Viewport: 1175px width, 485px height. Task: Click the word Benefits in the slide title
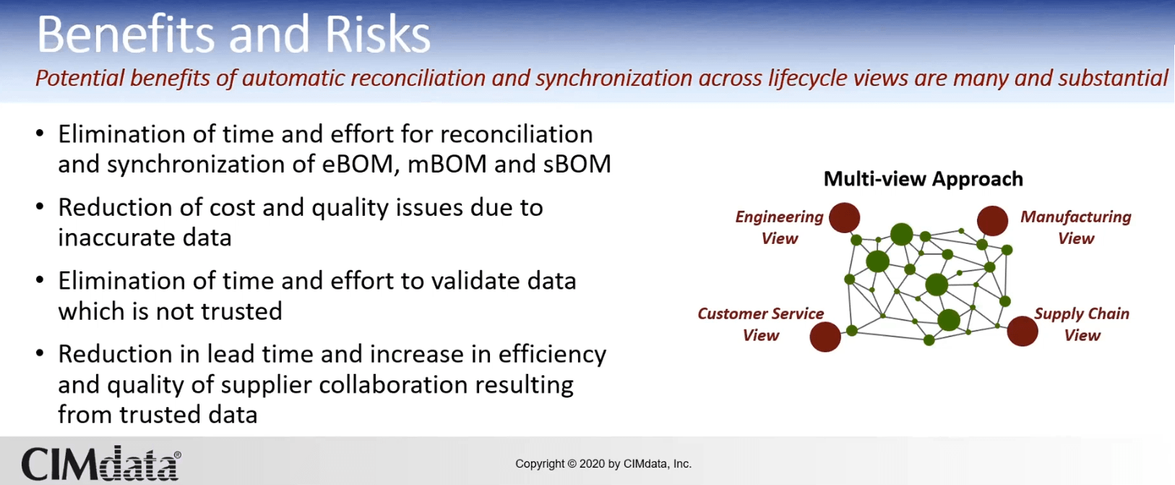click(126, 34)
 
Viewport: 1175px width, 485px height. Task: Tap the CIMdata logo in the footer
click(101, 463)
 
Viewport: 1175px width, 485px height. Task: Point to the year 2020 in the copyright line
click(593, 463)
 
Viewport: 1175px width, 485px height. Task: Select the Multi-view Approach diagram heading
click(924, 179)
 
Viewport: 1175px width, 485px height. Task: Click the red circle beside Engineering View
click(845, 217)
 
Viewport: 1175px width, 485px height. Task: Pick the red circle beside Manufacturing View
click(992, 221)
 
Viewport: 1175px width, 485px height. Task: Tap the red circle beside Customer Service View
click(825, 337)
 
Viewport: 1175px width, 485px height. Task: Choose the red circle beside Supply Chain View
click(1023, 331)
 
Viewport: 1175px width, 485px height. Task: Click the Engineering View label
click(780, 227)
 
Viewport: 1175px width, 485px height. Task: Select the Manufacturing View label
click(1076, 227)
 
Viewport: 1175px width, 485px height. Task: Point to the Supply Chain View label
click(1082, 324)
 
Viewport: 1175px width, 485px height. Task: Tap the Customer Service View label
click(761, 324)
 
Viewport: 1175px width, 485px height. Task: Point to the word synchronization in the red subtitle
click(614, 79)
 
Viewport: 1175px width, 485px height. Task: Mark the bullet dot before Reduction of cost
click(40, 206)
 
